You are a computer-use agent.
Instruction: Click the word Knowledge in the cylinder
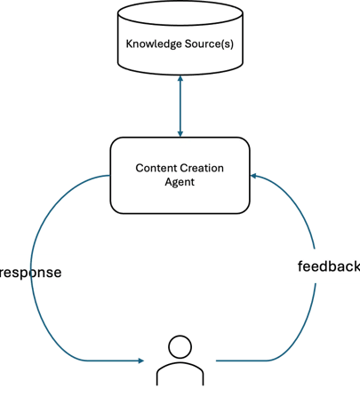[154, 44]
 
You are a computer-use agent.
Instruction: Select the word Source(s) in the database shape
[209, 44]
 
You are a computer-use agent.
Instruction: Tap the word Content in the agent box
[155, 168]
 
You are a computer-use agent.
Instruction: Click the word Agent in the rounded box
[180, 182]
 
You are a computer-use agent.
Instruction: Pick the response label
[30, 273]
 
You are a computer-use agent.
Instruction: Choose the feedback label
[329, 266]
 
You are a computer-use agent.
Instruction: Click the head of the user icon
[180, 346]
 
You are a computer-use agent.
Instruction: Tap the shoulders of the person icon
[180, 374]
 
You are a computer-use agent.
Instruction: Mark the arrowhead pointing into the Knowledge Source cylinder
[180, 78]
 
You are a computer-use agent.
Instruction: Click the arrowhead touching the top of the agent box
[180, 134]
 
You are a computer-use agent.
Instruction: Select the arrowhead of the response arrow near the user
[140, 360]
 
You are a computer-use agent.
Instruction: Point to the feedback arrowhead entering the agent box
[253, 176]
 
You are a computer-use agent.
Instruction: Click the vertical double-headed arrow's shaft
[180, 107]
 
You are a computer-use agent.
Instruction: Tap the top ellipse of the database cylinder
[180, 13]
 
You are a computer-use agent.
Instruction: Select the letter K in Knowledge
[129, 44]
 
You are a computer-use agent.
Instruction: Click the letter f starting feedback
[300, 266]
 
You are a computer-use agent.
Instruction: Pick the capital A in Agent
[168, 181]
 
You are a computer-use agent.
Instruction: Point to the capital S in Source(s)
[188, 44]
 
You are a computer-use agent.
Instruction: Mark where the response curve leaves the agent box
[110, 176]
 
